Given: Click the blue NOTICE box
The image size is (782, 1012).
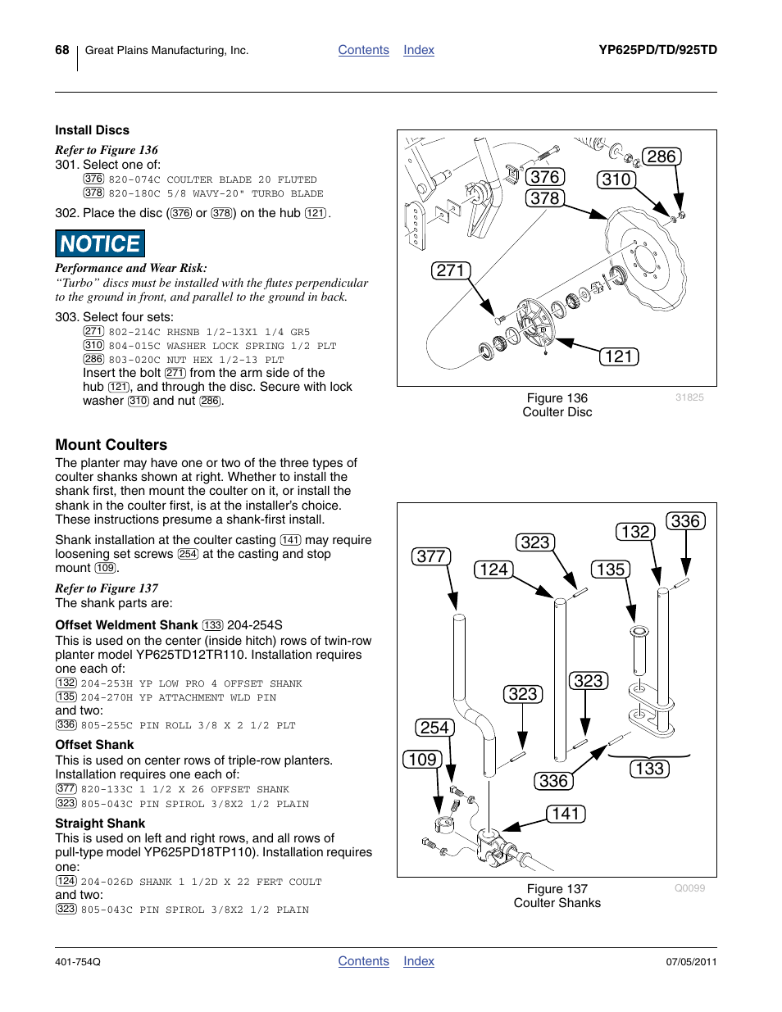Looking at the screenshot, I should pyautogui.click(x=100, y=244).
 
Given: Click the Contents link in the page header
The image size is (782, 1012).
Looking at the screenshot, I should pyautogui.click(x=363, y=50).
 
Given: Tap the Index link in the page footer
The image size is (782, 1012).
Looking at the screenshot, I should pyautogui.click(x=418, y=961).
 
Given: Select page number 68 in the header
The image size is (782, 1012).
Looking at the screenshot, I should pyautogui.click(x=62, y=50).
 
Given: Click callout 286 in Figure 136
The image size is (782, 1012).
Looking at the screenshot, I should pyautogui.click(x=661, y=157).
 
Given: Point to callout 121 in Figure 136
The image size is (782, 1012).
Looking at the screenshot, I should pyautogui.click(x=619, y=356).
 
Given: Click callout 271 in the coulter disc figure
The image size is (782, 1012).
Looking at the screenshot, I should pyautogui.click(x=451, y=270).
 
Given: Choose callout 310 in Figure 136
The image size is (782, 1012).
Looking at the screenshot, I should pyautogui.click(x=616, y=179).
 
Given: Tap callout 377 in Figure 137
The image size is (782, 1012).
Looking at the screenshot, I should pyautogui.click(x=431, y=556).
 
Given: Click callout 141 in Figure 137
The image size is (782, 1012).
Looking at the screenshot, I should pyautogui.click(x=566, y=814).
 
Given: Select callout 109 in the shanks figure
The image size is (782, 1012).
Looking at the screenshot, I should pyautogui.click(x=422, y=760).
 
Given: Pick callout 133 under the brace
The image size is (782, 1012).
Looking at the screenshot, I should pyautogui.click(x=649, y=769).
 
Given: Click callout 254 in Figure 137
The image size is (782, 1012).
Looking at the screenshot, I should pyautogui.click(x=434, y=728).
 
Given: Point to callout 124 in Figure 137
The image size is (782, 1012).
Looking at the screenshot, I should pyautogui.click(x=493, y=570).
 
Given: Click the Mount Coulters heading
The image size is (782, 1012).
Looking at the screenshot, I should pyautogui.click(x=111, y=445).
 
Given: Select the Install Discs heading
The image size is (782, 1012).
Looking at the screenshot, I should pyautogui.click(x=92, y=130).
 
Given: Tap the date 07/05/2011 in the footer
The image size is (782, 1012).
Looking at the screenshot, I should pyautogui.click(x=691, y=961).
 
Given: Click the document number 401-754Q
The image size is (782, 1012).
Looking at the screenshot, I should pyautogui.click(x=78, y=961).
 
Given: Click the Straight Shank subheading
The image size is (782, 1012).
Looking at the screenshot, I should pyautogui.click(x=100, y=824).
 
